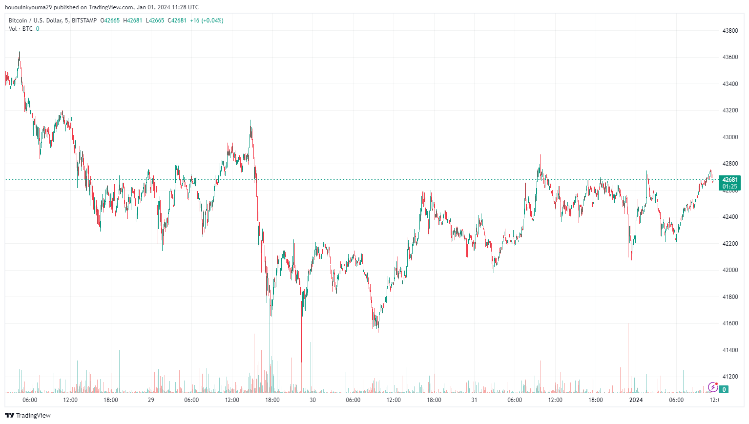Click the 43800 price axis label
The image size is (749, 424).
(730, 30)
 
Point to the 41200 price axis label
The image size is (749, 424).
(730, 377)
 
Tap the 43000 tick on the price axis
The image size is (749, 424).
(730, 137)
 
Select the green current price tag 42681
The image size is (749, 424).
(729, 180)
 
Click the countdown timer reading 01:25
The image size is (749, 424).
(729, 187)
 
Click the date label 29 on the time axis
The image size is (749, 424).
(151, 400)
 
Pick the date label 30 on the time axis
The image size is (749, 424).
(312, 400)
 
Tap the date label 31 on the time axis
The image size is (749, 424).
(474, 400)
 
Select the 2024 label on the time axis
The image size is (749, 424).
(636, 400)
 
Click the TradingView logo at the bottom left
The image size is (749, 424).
(28, 415)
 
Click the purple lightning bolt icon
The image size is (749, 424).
(712, 387)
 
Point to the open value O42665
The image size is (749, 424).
(110, 21)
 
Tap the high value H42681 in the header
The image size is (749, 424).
(133, 21)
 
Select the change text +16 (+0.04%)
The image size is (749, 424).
(207, 21)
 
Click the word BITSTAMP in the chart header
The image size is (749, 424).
(84, 21)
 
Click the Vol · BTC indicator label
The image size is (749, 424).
(21, 29)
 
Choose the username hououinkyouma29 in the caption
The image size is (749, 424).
(28, 7)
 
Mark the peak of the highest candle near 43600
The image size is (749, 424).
(20, 52)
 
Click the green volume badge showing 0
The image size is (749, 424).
(724, 389)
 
